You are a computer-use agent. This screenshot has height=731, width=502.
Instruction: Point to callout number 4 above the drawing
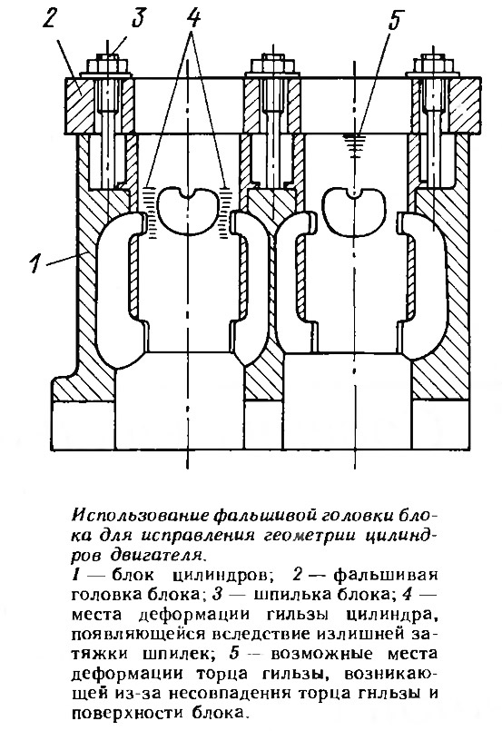pos(193,18)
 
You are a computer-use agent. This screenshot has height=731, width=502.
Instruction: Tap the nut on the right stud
pos(434,64)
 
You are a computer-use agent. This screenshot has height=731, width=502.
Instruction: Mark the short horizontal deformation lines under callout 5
pos(355,143)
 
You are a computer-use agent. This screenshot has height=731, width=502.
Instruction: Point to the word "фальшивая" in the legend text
pos(386,574)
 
